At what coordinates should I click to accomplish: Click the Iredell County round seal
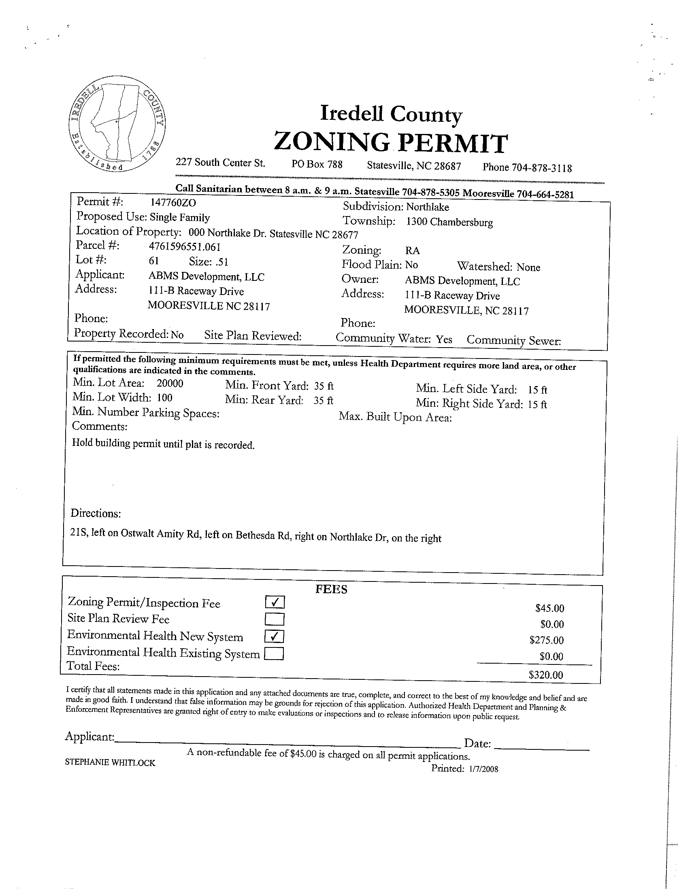pyautogui.click(x=117, y=124)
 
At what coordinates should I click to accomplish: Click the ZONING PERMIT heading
pyautogui.click(x=391, y=143)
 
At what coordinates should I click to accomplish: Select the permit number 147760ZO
pyautogui.click(x=173, y=203)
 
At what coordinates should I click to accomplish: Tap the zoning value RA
pyautogui.click(x=412, y=251)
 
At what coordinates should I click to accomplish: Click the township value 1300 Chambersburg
pyautogui.click(x=449, y=222)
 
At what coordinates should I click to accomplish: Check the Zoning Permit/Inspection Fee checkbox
pyautogui.click(x=275, y=602)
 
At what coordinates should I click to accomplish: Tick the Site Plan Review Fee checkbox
pyautogui.click(x=275, y=619)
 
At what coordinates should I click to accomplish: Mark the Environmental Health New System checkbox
pyautogui.click(x=275, y=636)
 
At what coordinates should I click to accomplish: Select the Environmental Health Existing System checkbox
pyautogui.click(x=274, y=653)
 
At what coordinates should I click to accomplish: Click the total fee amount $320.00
pyautogui.click(x=546, y=675)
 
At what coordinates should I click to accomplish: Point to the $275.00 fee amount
pyautogui.click(x=547, y=640)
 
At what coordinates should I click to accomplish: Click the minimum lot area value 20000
pyautogui.click(x=170, y=384)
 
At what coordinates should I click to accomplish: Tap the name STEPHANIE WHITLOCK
pyautogui.click(x=110, y=763)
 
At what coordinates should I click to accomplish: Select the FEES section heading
pyautogui.click(x=331, y=590)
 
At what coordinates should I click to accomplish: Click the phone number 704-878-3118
pyautogui.click(x=541, y=168)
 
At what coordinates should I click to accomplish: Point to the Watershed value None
pyautogui.click(x=528, y=267)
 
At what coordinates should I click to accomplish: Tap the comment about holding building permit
pyautogui.click(x=163, y=444)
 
